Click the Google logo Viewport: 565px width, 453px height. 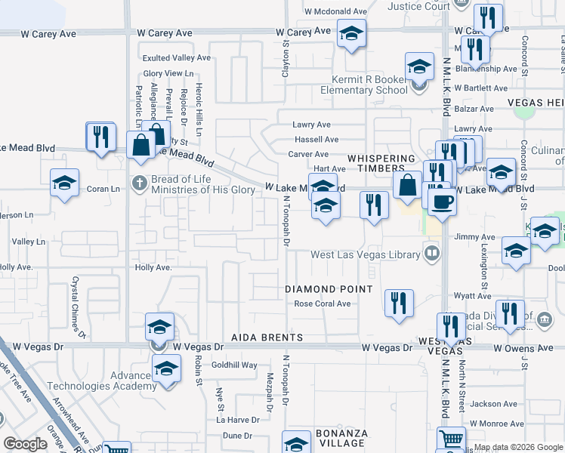pos(25,444)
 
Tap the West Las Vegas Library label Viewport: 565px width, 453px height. pos(366,255)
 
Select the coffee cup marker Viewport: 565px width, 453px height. pos(442,202)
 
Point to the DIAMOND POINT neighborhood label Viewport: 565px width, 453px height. pos(329,289)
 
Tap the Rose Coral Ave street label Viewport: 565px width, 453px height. pos(323,304)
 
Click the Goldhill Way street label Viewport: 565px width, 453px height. pos(234,365)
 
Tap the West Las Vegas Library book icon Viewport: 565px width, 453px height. pos(431,252)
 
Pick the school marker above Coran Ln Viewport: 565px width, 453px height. pos(65,183)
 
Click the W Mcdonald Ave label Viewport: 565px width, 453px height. pos(335,12)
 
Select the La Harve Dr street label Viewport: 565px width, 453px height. pos(237,419)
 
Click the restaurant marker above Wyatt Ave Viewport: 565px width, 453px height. pos(399,303)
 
